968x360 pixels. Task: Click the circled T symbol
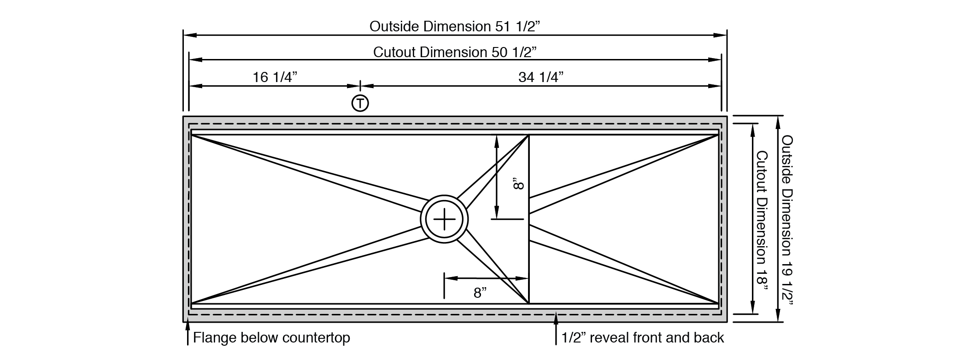(x=360, y=103)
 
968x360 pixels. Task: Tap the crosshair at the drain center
(x=444, y=219)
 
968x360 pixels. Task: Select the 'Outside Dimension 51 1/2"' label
(x=454, y=26)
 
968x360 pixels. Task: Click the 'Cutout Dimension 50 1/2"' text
(x=455, y=52)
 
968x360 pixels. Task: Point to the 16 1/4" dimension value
(x=275, y=77)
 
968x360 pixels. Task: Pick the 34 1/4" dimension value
(x=541, y=77)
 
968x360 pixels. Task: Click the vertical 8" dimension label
(x=518, y=185)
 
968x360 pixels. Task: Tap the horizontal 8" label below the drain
(x=480, y=293)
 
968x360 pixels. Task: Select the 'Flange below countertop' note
(x=271, y=338)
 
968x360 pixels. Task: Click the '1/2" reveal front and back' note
(x=643, y=338)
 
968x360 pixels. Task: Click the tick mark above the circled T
(x=360, y=86)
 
